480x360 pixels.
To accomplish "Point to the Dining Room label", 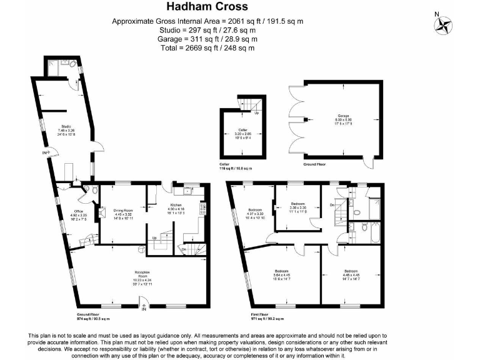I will click(x=123, y=213).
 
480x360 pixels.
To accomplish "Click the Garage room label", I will click(x=344, y=116).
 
